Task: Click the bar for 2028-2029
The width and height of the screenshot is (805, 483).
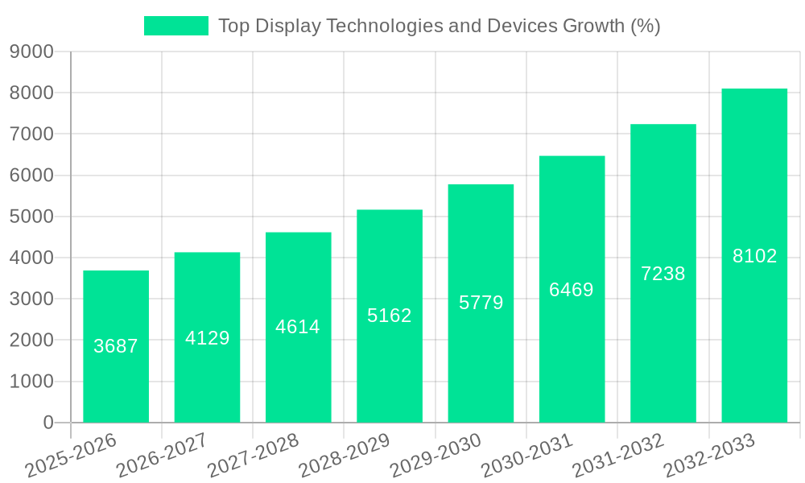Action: click(390, 362)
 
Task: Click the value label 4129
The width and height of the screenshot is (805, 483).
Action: click(207, 338)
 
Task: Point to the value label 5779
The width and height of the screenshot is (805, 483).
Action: click(481, 303)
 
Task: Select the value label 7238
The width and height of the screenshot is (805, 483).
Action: click(663, 274)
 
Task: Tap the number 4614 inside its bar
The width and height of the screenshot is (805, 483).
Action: click(298, 327)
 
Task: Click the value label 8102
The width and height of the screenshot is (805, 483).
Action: click(754, 256)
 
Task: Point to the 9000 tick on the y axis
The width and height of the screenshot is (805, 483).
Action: click(31, 52)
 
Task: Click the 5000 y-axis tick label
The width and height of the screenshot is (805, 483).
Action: click(31, 217)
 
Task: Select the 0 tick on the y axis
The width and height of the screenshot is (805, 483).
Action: click(48, 423)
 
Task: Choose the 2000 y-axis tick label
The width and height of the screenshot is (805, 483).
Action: click(31, 341)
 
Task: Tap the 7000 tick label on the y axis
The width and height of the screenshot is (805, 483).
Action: click(31, 134)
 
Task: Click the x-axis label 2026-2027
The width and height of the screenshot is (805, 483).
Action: click(162, 456)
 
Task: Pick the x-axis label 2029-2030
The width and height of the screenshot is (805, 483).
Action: click(436, 456)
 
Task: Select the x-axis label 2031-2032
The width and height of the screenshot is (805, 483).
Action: click(617, 456)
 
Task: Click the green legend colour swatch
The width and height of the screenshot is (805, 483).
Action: click(175, 26)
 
